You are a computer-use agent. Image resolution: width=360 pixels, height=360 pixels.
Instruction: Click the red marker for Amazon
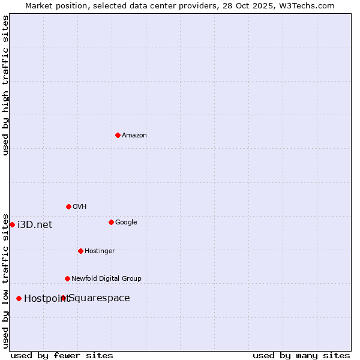click(x=118, y=135)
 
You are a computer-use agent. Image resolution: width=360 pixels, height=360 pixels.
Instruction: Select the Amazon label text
click(x=134, y=136)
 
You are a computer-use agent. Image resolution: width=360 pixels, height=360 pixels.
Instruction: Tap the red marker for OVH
click(x=68, y=206)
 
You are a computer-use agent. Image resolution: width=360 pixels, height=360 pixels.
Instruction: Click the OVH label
click(x=80, y=207)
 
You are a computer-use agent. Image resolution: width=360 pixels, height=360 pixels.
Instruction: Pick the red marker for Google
click(x=111, y=222)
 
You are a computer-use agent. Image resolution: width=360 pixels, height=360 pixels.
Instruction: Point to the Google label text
click(x=126, y=223)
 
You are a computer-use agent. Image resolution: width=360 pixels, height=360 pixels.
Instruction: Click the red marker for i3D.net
click(x=12, y=224)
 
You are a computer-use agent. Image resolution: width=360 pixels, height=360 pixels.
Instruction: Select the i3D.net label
click(x=35, y=225)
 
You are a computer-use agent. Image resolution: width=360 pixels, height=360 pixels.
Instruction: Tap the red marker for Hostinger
click(x=80, y=251)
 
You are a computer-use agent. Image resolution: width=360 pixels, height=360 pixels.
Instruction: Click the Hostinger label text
click(x=100, y=251)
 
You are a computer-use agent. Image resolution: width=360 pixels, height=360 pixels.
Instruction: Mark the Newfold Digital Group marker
click(x=67, y=278)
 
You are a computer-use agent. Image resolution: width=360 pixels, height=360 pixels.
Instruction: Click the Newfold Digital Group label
click(x=106, y=278)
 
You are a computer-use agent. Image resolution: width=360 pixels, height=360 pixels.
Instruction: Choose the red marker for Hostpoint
click(x=19, y=298)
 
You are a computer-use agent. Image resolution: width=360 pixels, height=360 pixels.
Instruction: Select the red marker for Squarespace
click(x=63, y=298)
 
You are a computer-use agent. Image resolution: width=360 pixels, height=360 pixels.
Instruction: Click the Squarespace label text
click(x=100, y=298)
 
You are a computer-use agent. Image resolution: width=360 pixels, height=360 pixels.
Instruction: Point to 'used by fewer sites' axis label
click(x=62, y=355)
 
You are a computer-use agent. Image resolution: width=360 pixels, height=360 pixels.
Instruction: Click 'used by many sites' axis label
click(x=301, y=355)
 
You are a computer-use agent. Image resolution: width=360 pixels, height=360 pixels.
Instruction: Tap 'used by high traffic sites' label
click(x=5, y=85)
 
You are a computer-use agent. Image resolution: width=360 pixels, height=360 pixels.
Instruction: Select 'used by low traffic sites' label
click(x=5, y=280)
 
